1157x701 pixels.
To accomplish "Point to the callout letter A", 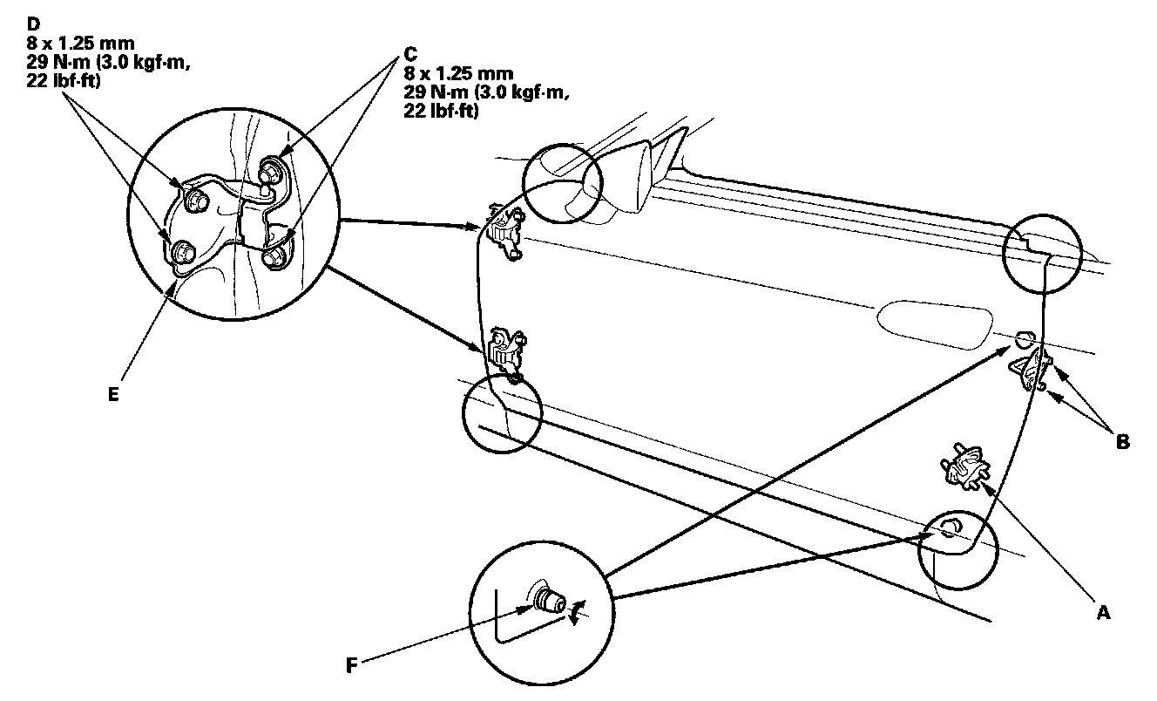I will (x=1102, y=614).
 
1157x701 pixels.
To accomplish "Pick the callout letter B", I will (x=1122, y=442).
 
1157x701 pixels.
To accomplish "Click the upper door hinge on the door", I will (x=502, y=232).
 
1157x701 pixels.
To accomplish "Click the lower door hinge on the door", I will (x=504, y=352).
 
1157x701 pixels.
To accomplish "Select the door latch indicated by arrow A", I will (x=962, y=462).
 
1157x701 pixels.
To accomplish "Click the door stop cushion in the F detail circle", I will (x=548, y=602).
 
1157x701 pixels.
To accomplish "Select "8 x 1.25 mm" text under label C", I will (x=458, y=72).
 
